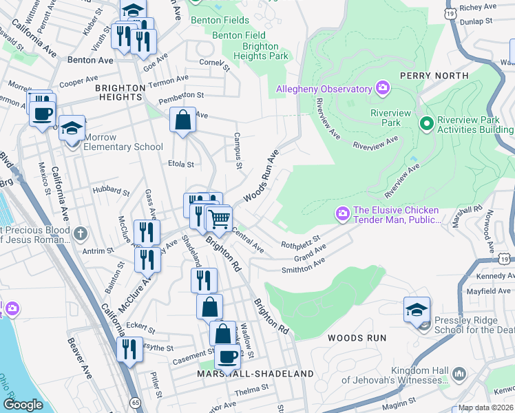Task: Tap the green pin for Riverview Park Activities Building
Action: click(426, 124)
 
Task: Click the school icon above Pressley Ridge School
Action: click(417, 309)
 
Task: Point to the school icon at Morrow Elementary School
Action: click(72, 128)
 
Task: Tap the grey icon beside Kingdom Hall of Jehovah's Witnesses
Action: click(460, 374)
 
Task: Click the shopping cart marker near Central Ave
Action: click(219, 220)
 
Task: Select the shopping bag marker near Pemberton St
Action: click(183, 120)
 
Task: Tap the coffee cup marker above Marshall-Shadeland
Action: click(227, 357)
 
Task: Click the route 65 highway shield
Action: click(134, 401)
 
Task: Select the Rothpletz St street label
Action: click(301, 242)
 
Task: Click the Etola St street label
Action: click(181, 164)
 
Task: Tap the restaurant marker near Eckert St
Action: click(129, 349)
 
